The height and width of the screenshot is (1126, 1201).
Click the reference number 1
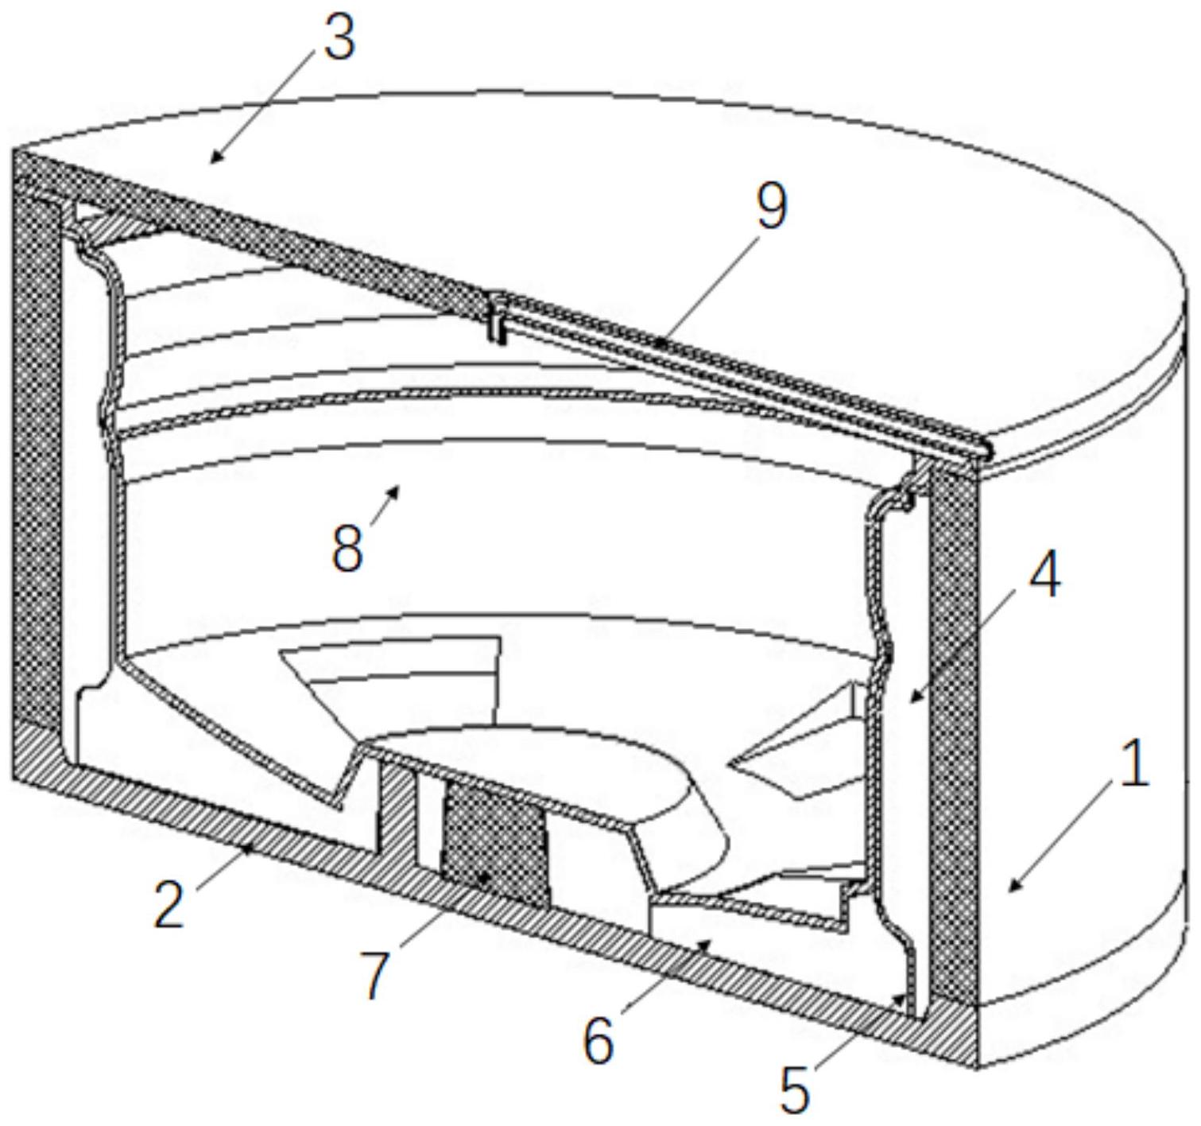1134,764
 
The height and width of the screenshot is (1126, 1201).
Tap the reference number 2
169,904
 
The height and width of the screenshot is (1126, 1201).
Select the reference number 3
339,37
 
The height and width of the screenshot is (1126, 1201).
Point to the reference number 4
1044,577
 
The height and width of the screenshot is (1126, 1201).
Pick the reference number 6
599,1039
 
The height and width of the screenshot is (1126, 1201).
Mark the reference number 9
771,206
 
